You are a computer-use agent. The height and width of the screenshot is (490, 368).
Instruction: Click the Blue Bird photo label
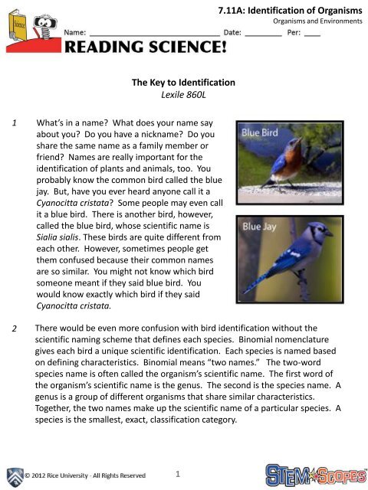pos(261,132)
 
